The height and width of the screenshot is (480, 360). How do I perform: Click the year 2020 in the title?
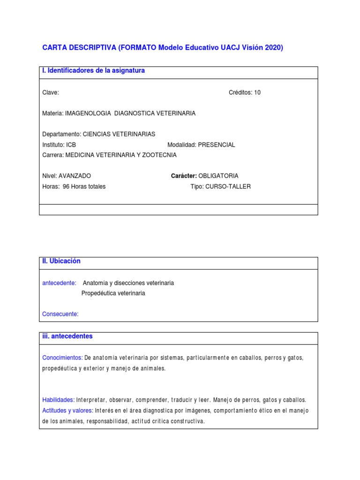click(x=274, y=48)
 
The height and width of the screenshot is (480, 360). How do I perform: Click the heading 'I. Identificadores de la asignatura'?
click(x=94, y=71)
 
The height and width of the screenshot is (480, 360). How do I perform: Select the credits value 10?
click(x=257, y=92)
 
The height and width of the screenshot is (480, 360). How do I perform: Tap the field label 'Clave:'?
click(x=51, y=92)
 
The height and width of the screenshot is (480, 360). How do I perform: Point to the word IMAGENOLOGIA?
click(x=88, y=113)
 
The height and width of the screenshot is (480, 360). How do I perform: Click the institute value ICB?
click(x=71, y=145)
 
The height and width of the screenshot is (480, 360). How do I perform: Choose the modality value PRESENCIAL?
click(x=217, y=145)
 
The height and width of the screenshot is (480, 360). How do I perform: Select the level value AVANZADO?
click(x=75, y=176)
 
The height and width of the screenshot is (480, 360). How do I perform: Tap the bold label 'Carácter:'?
click(x=184, y=176)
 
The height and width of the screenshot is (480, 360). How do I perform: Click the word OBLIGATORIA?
click(x=218, y=176)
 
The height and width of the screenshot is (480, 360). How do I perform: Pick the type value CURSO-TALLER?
click(x=228, y=187)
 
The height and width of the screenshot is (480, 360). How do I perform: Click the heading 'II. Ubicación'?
click(x=61, y=261)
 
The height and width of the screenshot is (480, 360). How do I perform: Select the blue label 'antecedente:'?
click(x=60, y=283)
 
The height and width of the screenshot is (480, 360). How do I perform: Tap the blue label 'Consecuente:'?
click(x=60, y=314)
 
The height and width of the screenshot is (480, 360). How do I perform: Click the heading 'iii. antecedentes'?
click(x=67, y=337)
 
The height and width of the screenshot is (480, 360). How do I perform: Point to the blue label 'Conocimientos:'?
click(x=62, y=358)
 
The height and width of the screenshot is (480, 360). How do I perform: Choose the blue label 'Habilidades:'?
click(x=59, y=400)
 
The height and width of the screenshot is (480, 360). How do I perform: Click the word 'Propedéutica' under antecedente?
click(x=98, y=293)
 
